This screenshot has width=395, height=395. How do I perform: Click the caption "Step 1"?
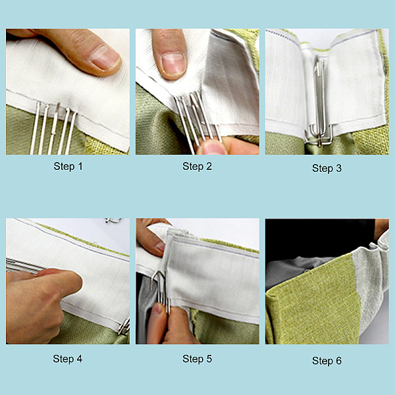[68, 167]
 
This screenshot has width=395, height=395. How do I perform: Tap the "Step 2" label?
[197, 167]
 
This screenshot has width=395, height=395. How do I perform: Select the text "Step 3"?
[327, 169]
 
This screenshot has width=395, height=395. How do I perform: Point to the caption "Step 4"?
[68, 359]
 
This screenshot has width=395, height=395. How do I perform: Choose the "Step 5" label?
[197, 359]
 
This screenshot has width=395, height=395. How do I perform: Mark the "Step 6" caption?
[327, 361]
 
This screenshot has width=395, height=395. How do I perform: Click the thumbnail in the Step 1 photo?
[105, 58]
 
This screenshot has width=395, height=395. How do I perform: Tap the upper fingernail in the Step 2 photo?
[174, 63]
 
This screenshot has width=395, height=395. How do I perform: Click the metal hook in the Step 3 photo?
[319, 103]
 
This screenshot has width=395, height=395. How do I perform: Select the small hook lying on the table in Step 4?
[113, 221]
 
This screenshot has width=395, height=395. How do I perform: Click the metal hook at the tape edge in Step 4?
[124, 327]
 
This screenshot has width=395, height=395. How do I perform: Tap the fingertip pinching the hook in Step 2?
[211, 147]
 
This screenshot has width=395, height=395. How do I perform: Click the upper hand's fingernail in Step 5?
[161, 247]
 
